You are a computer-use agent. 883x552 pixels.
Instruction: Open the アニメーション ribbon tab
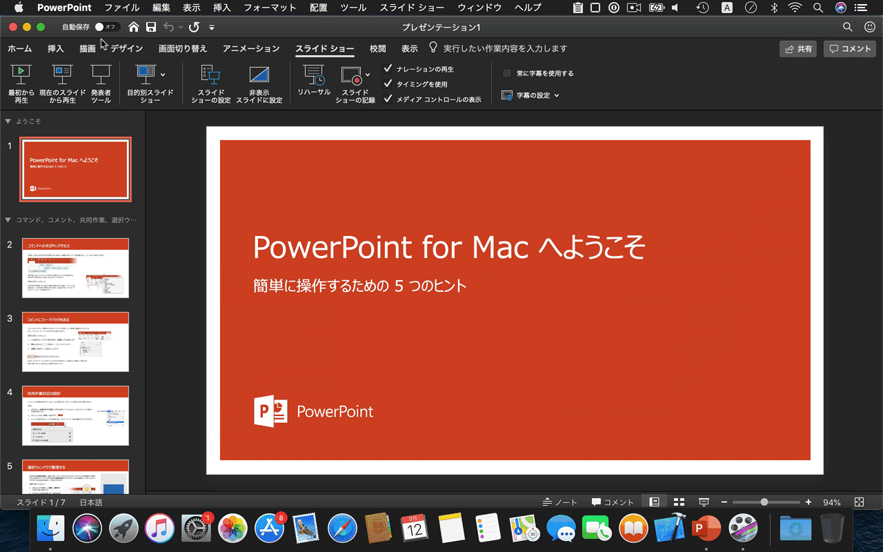(x=251, y=49)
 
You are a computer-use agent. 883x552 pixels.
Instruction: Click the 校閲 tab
(x=377, y=49)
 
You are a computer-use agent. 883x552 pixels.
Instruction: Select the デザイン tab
(x=126, y=49)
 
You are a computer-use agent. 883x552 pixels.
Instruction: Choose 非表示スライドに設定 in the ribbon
(x=259, y=83)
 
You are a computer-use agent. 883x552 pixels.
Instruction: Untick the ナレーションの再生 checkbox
(x=388, y=69)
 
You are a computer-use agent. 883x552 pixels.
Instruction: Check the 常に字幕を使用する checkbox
(x=507, y=73)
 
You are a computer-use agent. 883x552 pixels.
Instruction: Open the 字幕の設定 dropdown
(x=531, y=95)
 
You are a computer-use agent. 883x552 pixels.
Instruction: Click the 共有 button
(x=798, y=49)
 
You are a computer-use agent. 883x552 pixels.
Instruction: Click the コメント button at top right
(x=850, y=49)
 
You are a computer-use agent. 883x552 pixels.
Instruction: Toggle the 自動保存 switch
(x=106, y=27)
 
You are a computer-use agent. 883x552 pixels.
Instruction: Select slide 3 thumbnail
(x=75, y=342)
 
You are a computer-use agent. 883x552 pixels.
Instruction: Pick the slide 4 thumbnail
(x=75, y=415)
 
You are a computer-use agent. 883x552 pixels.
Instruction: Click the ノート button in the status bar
(x=559, y=502)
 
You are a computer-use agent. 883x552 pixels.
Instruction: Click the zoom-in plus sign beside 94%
(x=808, y=502)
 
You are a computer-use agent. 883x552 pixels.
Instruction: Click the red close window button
(x=13, y=27)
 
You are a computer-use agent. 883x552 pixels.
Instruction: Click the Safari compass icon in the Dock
(x=341, y=529)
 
